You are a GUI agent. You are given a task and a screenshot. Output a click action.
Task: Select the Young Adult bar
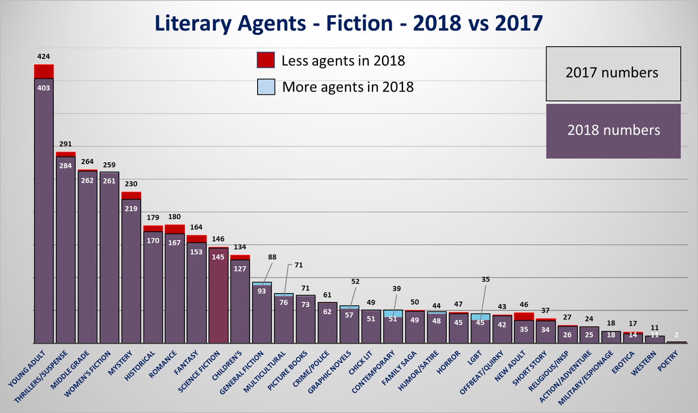click(44, 212)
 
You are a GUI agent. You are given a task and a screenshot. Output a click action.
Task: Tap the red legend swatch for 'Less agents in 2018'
click(266, 60)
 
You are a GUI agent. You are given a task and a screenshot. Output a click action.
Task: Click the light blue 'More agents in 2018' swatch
click(266, 87)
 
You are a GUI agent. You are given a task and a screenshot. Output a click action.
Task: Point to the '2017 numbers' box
click(613, 73)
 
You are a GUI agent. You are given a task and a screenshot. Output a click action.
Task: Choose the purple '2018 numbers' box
click(613, 131)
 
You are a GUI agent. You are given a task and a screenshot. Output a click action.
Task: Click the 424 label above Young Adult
click(44, 56)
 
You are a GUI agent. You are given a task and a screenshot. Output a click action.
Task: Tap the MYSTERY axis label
click(121, 363)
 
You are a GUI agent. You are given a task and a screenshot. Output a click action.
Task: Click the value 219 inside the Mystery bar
click(131, 208)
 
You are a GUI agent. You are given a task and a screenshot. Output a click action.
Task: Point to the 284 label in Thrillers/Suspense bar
click(66, 166)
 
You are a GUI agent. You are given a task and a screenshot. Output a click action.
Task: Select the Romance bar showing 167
click(175, 288)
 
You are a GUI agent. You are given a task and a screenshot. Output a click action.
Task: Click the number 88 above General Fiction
click(272, 257)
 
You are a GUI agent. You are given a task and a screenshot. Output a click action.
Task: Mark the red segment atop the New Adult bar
click(524, 316)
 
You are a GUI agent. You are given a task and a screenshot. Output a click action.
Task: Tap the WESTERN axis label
click(643, 363)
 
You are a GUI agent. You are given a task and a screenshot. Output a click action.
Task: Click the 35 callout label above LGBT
click(486, 280)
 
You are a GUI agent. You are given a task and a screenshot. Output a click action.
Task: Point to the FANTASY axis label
click(186, 363)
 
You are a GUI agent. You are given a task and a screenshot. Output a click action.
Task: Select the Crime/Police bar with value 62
click(327, 323)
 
